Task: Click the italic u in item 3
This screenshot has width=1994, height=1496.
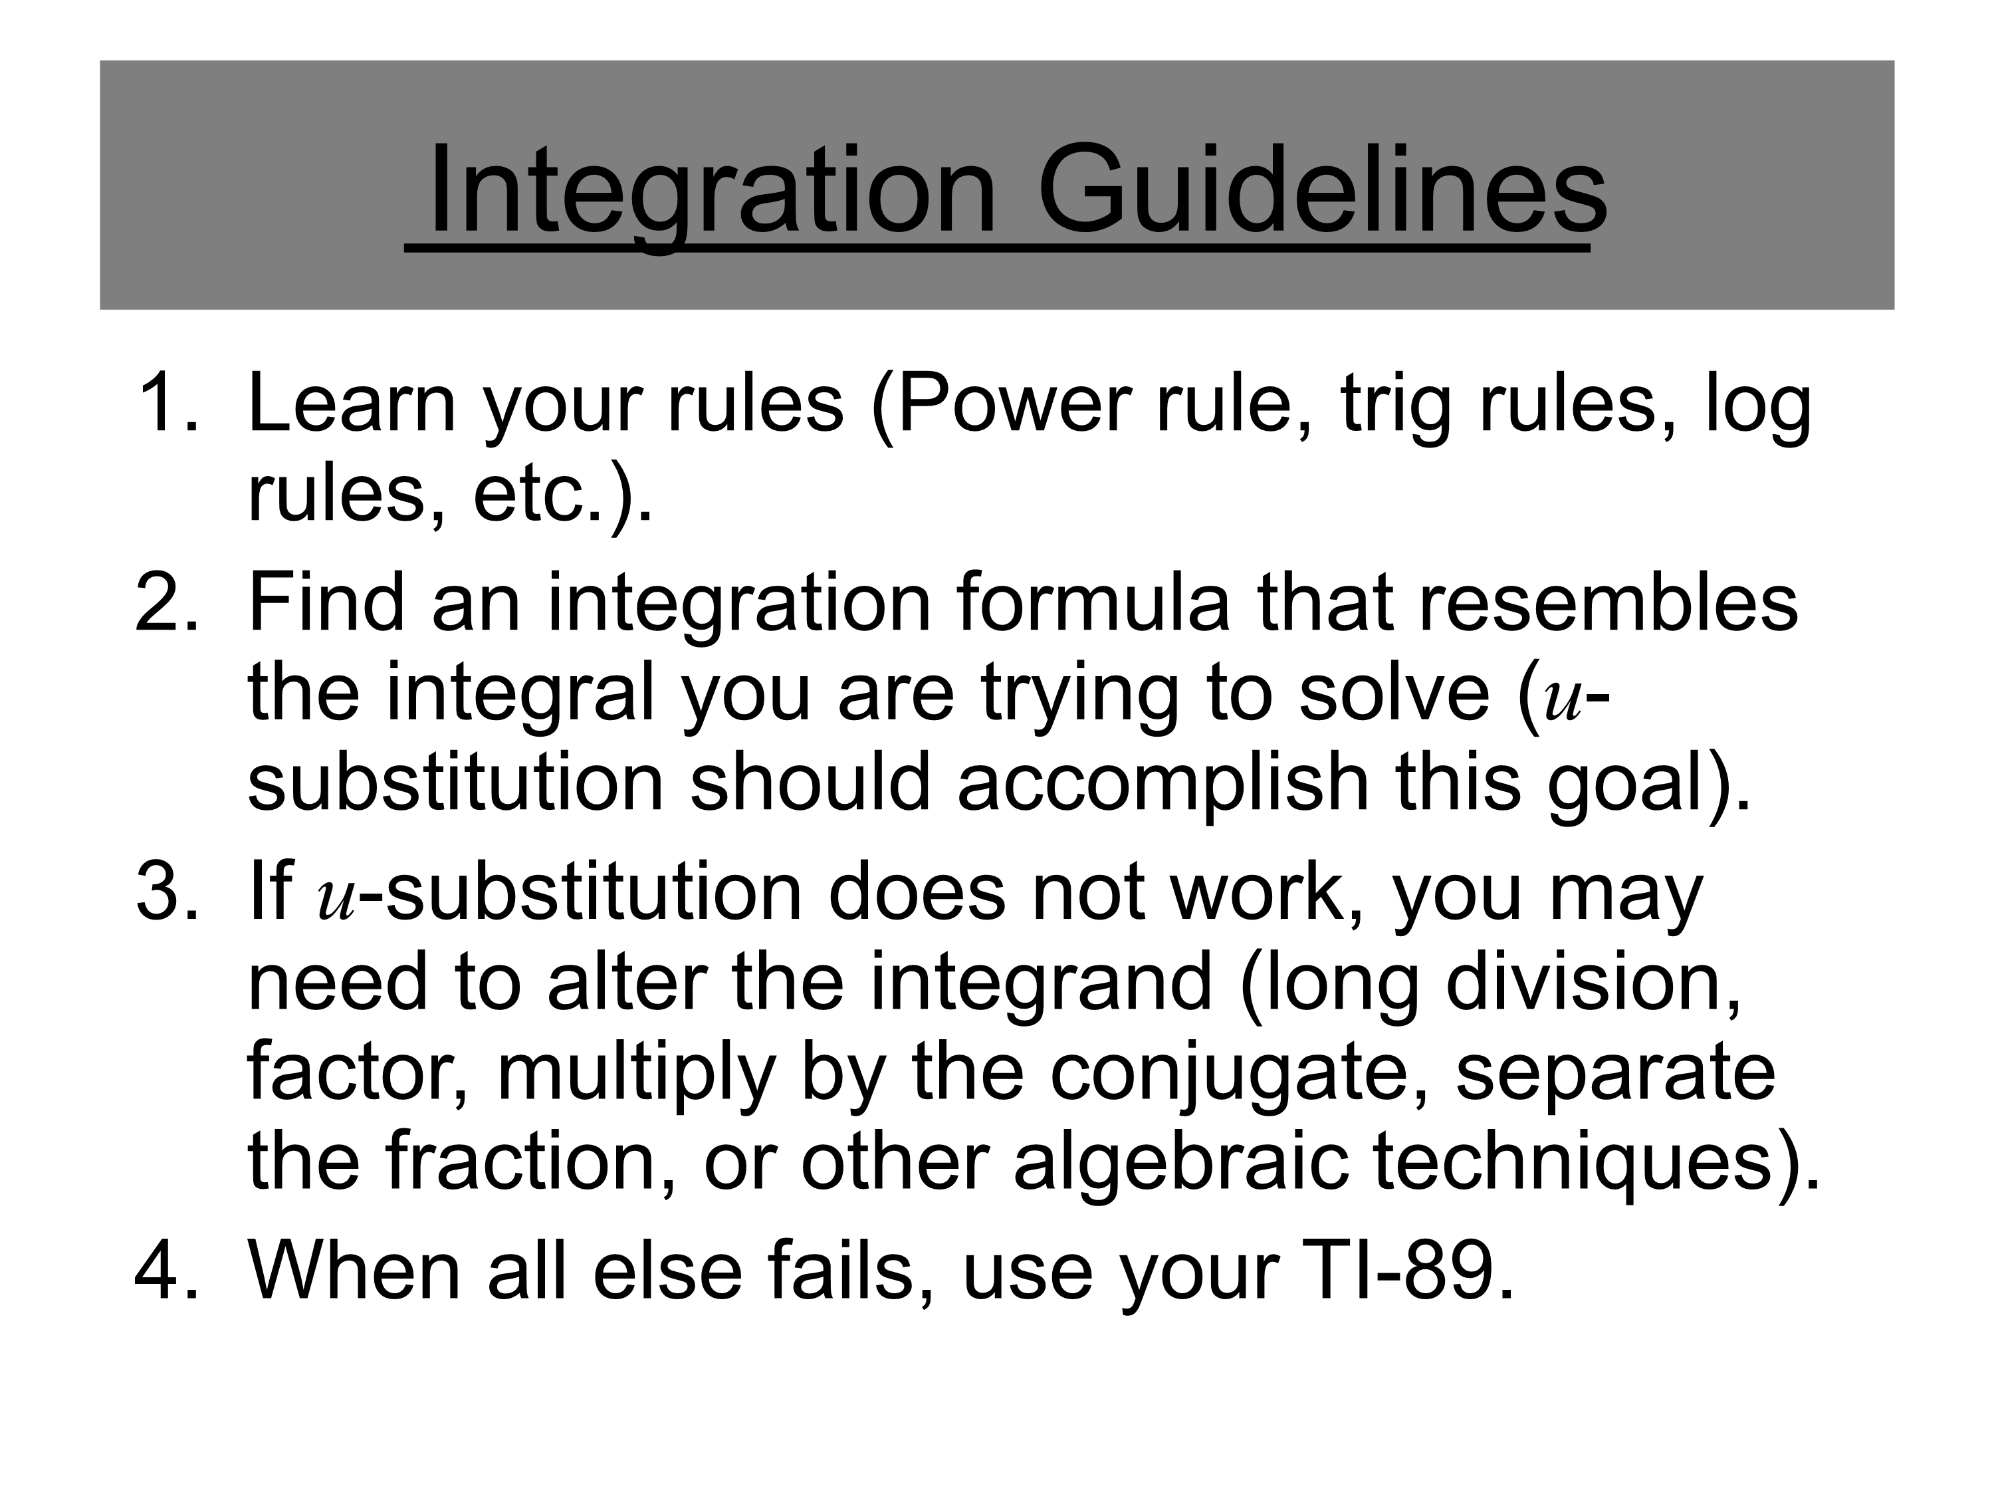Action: (337, 902)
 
